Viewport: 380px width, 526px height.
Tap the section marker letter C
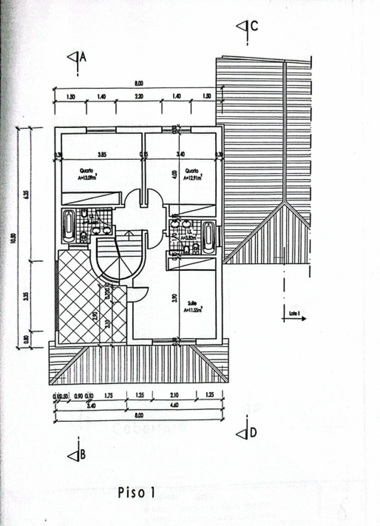coord(254,26)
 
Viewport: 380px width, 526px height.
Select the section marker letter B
coord(83,455)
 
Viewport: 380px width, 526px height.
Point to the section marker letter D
coord(253,433)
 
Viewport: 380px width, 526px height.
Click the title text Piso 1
coord(136,493)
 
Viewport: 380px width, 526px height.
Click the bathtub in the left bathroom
coord(69,226)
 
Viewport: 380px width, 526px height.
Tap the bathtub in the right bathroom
coord(209,237)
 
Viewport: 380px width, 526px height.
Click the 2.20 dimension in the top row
coord(139,96)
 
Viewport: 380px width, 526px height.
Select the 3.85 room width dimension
coord(102,154)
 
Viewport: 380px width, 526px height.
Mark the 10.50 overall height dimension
coord(12,238)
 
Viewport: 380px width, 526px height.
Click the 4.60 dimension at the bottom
coord(175,405)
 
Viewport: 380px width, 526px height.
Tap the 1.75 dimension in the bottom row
coord(109,395)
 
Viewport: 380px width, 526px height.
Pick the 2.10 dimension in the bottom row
coord(175,395)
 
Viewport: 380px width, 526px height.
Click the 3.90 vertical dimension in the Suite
coord(175,298)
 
